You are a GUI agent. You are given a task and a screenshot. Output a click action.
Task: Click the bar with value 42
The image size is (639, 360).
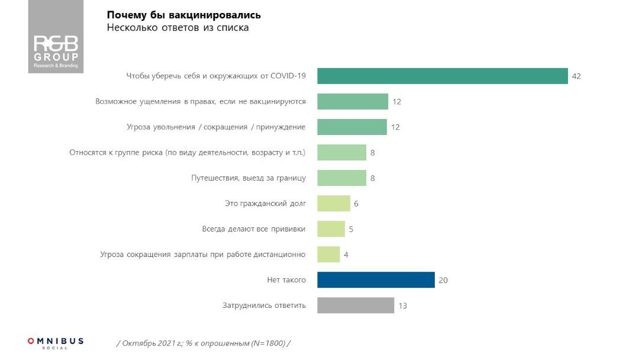[x=443, y=76]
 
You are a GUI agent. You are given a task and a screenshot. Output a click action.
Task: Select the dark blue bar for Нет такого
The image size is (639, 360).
[x=376, y=280]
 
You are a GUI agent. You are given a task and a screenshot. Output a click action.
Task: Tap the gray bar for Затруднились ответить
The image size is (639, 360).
[x=356, y=306]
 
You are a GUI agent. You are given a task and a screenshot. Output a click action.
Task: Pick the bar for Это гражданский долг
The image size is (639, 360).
[x=334, y=204]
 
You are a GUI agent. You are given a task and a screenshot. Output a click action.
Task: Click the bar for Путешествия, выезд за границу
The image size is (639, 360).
[x=341, y=178]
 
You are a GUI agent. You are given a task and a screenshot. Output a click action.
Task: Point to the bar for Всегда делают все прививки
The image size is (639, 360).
[x=331, y=229]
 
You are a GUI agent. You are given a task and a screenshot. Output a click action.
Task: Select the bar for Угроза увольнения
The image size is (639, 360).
[x=352, y=127]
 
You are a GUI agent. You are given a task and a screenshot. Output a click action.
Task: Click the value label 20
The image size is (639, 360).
[x=443, y=280]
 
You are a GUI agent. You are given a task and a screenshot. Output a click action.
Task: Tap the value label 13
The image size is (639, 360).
[x=403, y=306]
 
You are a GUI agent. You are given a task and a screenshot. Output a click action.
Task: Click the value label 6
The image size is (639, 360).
[x=356, y=204]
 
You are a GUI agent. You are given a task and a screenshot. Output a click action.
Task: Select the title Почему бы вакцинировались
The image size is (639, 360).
[x=183, y=15]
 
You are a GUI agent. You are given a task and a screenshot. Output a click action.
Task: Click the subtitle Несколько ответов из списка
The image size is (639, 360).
[x=177, y=28]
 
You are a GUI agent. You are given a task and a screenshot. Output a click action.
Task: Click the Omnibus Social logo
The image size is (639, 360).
[x=56, y=343]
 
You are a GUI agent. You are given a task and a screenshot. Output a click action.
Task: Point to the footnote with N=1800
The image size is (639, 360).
[x=204, y=343]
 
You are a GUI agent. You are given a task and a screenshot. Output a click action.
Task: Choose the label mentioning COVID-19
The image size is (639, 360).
[x=216, y=76]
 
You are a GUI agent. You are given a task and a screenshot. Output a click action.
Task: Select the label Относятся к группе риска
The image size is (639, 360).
[x=188, y=153]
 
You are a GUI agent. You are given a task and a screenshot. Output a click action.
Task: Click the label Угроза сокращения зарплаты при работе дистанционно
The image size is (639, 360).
[x=203, y=255]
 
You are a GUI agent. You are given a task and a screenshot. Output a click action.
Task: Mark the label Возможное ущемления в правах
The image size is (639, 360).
[x=201, y=101]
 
